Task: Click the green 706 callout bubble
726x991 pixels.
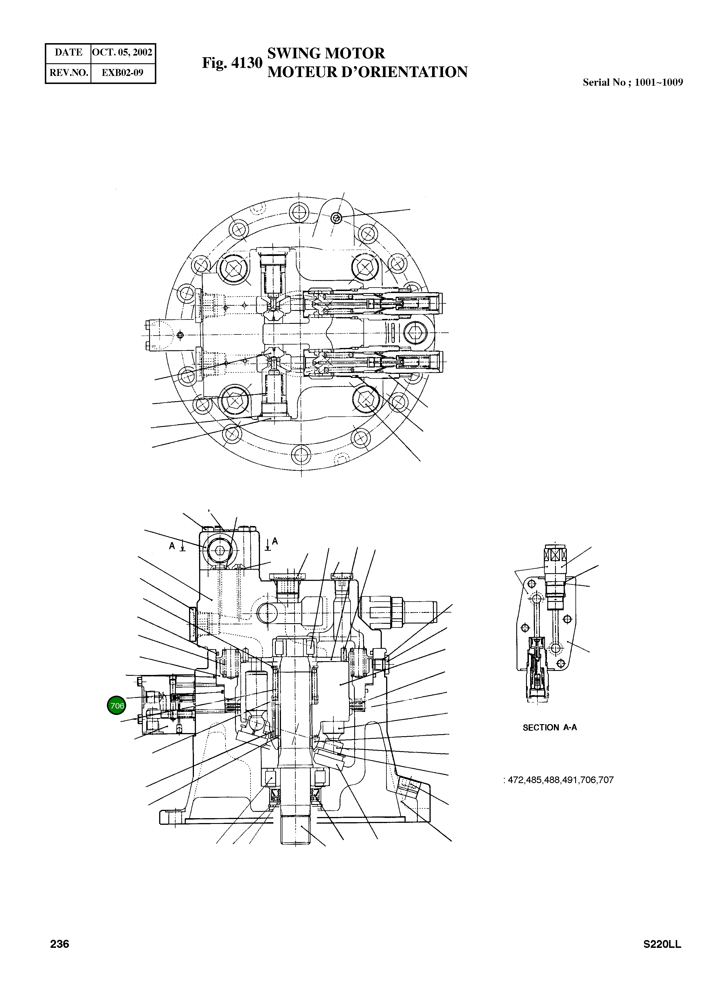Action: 116,705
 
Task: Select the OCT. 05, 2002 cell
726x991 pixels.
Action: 123,52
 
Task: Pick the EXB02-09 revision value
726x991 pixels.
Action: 123,72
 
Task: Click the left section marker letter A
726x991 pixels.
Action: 172,546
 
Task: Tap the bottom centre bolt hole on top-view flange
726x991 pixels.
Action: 301,454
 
